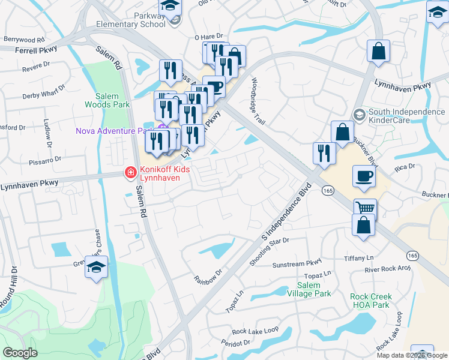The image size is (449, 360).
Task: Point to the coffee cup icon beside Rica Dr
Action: (x=365, y=176)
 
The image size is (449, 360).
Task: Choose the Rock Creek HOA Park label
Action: (x=372, y=301)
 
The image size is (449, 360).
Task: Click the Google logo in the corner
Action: (x=20, y=353)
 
